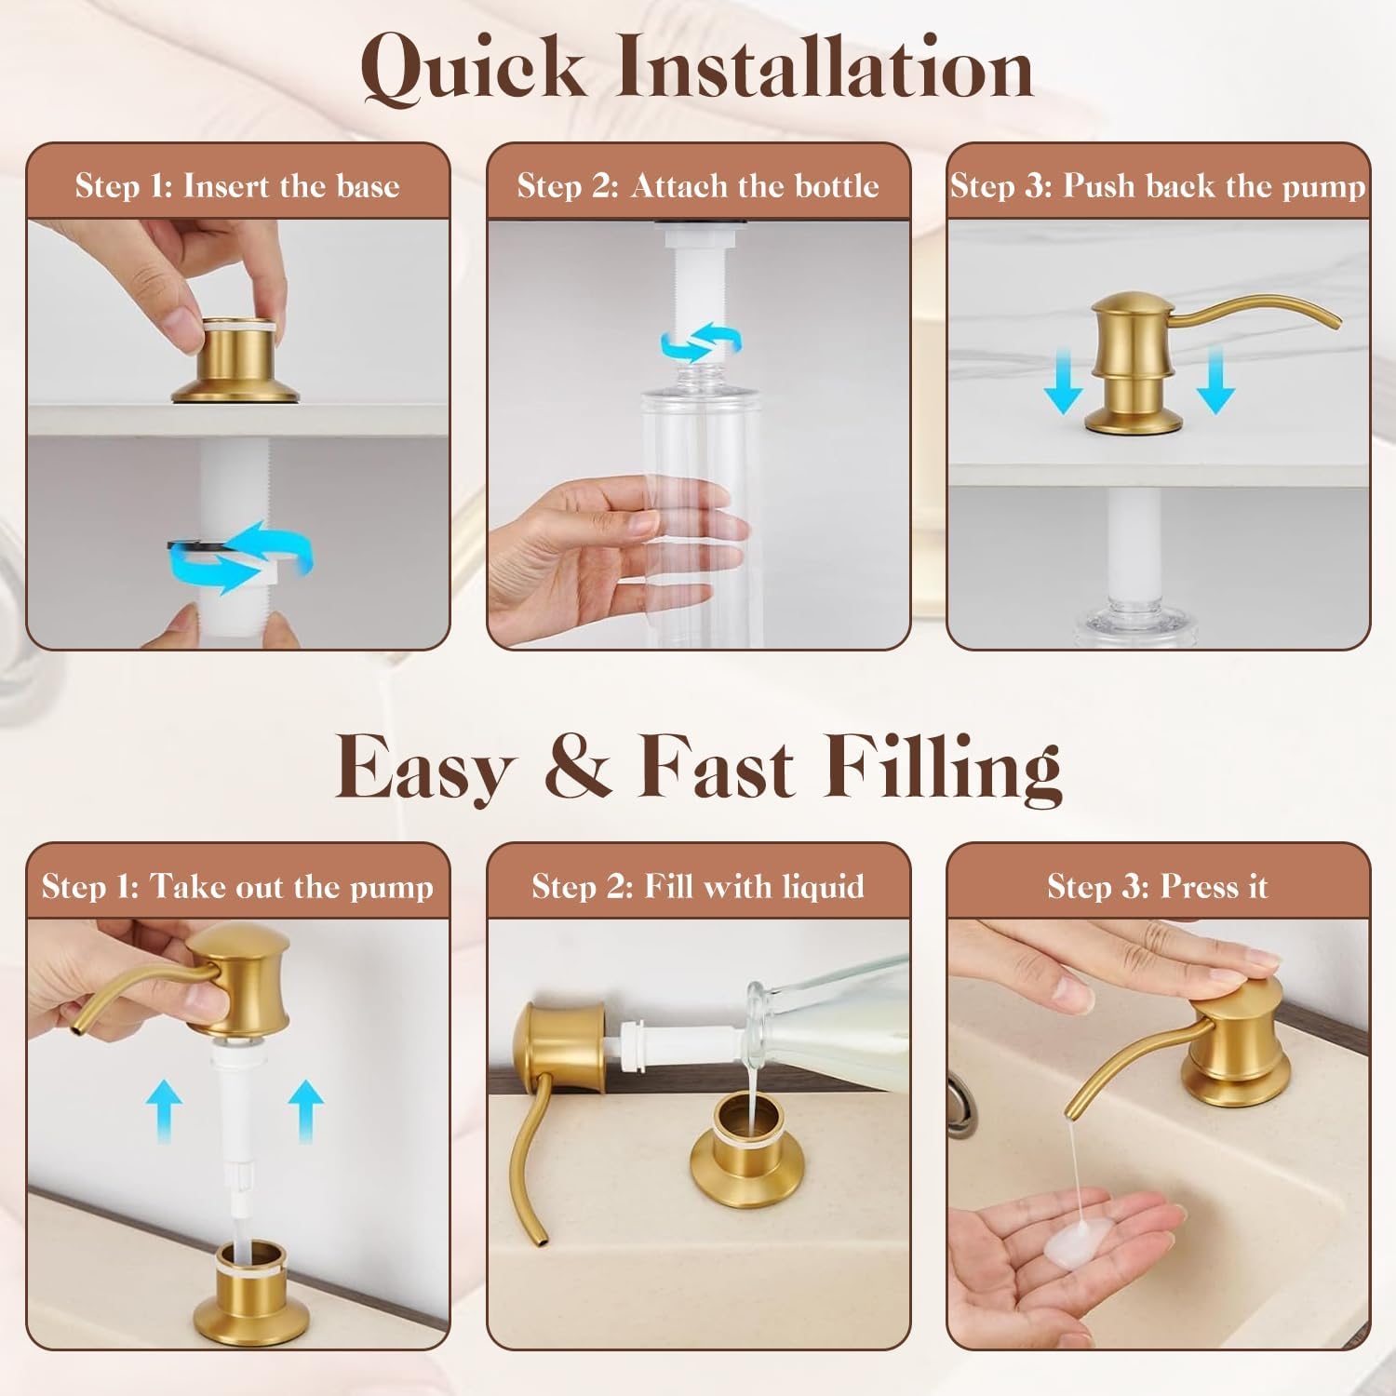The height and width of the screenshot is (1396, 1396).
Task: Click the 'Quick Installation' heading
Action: pyautogui.click(x=697, y=68)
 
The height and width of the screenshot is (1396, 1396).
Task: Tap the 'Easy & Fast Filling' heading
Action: pyautogui.click(x=698, y=768)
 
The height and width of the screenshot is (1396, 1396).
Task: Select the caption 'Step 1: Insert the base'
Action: pyautogui.click(x=237, y=186)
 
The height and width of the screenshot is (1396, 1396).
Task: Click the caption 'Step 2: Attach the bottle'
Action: pyautogui.click(x=698, y=186)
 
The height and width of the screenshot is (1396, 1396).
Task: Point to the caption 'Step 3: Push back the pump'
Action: pyautogui.click(x=1158, y=186)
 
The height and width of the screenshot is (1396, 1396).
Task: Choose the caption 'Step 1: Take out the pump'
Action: pyautogui.click(x=237, y=886)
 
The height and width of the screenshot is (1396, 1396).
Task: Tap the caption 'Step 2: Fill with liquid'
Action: pyautogui.click(x=698, y=886)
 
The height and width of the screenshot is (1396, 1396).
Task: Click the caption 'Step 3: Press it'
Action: pyautogui.click(x=1158, y=886)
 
